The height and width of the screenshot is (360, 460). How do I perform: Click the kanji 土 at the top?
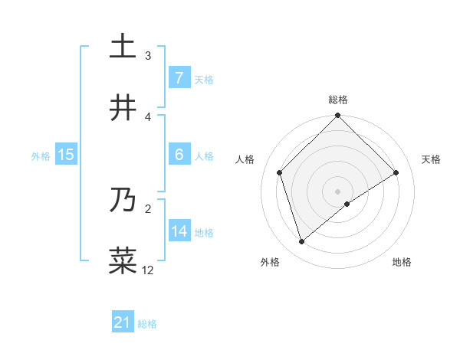[123, 47]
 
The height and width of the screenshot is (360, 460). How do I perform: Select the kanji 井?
[123, 108]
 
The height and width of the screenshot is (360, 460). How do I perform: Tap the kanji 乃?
[123, 201]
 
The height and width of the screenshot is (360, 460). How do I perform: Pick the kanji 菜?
[123, 261]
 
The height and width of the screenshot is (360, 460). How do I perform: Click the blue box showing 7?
[179, 77]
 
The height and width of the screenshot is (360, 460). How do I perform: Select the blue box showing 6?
[179, 155]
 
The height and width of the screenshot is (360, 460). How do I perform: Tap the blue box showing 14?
[179, 231]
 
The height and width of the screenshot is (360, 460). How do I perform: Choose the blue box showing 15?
[66, 155]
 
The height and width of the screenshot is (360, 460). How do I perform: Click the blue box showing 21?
[123, 322]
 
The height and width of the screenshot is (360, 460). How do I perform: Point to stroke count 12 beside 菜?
[148, 270]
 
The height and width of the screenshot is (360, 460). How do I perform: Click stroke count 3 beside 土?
[148, 55]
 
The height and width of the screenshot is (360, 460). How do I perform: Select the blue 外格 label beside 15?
[41, 155]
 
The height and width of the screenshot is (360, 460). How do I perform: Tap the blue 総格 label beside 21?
[147, 324]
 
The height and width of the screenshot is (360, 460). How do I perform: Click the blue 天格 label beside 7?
[204, 79]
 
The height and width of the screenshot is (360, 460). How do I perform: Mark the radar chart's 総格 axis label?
[338, 100]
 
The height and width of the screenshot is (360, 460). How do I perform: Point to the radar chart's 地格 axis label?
[402, 262]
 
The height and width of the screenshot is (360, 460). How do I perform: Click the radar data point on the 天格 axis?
[396, 172]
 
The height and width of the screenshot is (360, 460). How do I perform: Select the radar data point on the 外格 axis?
[302, 242]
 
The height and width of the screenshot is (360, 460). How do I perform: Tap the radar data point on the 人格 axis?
[280, 172]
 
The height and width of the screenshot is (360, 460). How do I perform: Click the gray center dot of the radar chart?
[338, 191]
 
